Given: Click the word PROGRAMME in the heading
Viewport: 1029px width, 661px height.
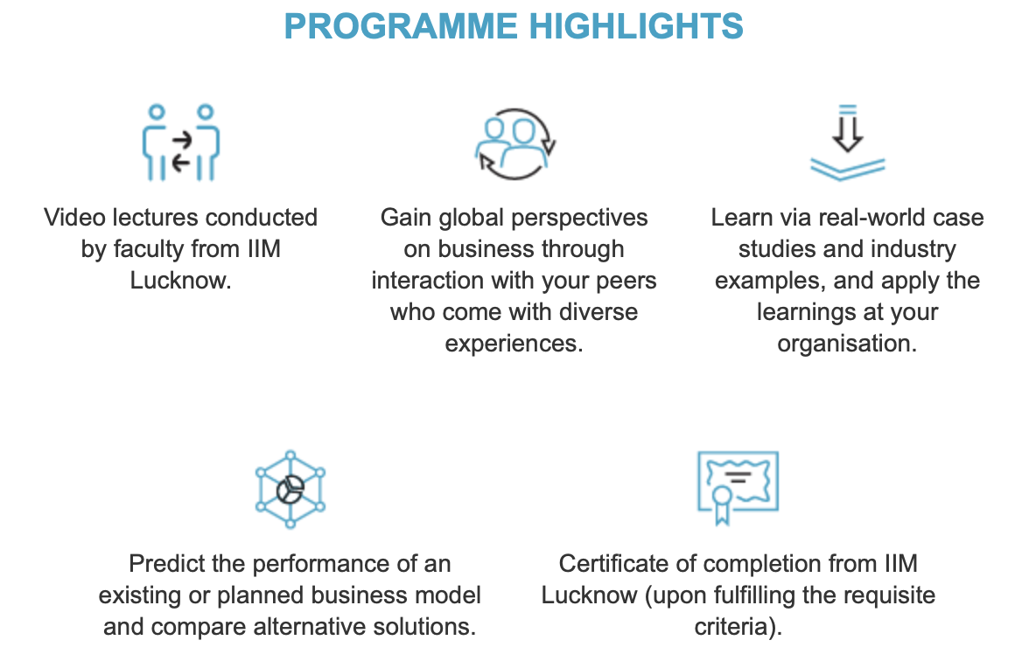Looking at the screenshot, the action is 401,27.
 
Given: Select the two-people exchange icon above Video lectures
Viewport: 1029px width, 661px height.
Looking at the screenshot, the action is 180,142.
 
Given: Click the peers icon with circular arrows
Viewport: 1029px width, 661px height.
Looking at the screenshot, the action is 515,143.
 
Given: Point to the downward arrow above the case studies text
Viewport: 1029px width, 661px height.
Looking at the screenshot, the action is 847,128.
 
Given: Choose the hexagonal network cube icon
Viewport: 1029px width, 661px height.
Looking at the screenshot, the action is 290,490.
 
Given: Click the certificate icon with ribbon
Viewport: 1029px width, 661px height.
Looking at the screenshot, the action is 738,488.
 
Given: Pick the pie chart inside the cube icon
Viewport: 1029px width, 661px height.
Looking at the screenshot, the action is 290,490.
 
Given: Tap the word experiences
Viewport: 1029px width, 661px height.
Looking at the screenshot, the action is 514,344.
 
